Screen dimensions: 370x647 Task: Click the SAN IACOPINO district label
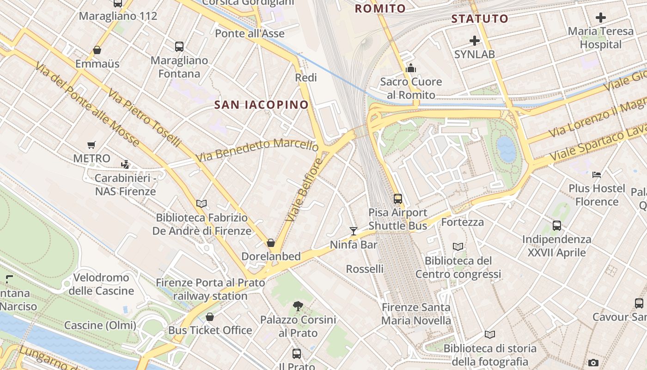tap(261, 105)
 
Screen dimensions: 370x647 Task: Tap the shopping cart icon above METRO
tap(92, 145)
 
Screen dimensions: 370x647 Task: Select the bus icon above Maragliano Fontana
tap(179, 46)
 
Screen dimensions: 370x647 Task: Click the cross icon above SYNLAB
tap(474, 41)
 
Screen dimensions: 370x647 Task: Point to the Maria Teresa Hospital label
tap(601, 38)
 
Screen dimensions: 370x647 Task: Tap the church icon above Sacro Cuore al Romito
tap(411, 68)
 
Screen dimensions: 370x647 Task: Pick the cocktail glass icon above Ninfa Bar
tap(354, 231)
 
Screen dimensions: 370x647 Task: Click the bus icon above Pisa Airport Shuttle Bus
tap(398, 199)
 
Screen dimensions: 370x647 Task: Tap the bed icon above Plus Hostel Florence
tap(597, 175)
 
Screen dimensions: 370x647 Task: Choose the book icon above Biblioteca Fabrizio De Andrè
tap(201, 203)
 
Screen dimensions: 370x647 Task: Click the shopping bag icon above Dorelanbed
tap(271, 243)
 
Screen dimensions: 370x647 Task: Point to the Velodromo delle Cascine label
tap(101, 284)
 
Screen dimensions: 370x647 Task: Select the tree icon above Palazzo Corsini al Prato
tap(298, 306)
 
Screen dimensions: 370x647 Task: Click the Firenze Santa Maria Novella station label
tap(416, 314)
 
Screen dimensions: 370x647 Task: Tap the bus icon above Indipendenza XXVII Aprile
tap(557, 226)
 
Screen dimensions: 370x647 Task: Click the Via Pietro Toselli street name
tap(144, 119)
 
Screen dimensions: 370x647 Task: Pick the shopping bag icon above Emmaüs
tap(97, 50)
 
